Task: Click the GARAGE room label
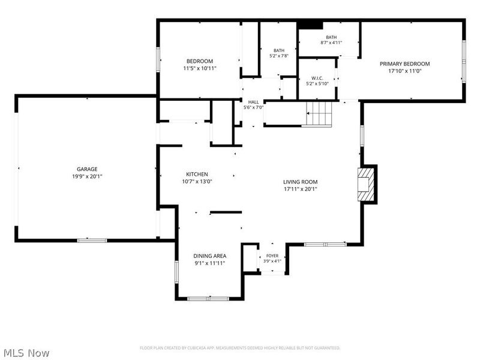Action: click(87, 169)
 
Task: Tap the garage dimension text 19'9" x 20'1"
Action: click(87, 176)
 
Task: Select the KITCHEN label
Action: click(197, 174)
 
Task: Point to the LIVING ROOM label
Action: click(301, 182)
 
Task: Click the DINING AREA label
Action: click(210, 256)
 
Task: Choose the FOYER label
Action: click(272, 256)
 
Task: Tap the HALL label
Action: click(253, 102)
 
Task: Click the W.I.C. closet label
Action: click(317, 78)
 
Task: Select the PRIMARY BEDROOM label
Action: click(404, 64)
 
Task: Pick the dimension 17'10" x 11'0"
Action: click(404, 71)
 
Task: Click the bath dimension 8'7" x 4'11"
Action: click(331, 43)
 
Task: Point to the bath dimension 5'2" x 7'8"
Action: click(279, 56)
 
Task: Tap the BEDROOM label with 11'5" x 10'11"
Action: click(200, 61)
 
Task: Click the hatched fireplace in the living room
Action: click(367, 184)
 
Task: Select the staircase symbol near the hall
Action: click(319, 114)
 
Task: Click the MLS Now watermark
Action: click(25, 353)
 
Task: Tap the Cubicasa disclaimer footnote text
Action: click(240, 348)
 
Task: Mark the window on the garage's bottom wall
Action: click(92, 241)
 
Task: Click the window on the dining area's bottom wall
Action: click(208, 298)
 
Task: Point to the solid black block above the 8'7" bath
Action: click(310, 25)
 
